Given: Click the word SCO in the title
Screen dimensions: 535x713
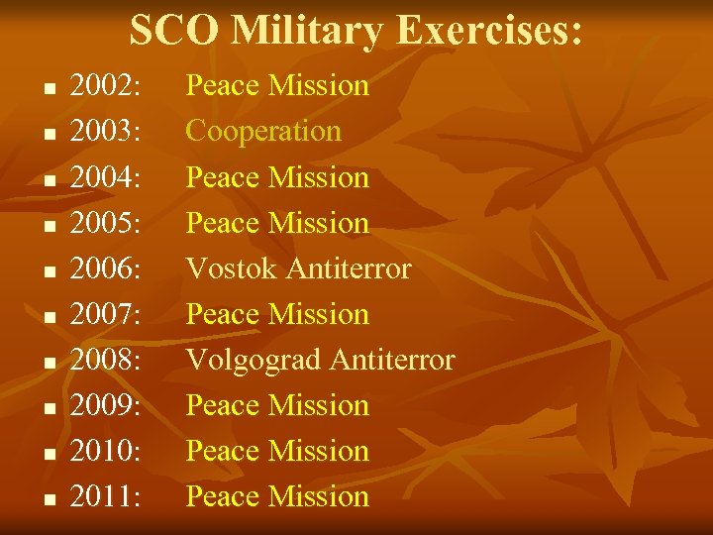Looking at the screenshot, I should pos(175,31).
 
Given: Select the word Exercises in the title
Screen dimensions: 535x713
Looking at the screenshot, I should pos(489,31).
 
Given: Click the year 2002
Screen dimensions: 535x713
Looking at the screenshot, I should pos(105,86).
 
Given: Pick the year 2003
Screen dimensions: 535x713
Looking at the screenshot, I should pos(105,132).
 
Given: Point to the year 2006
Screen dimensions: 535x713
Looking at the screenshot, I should pos(105,268).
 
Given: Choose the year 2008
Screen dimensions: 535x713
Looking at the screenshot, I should pos(105,360).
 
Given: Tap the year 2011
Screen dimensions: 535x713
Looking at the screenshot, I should pos(105,496).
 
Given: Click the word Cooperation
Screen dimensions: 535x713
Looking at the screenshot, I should pos(263,132).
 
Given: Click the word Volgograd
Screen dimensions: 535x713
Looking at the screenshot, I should pos(255,360).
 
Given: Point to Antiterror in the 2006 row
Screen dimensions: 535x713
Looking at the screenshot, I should pos(347,268).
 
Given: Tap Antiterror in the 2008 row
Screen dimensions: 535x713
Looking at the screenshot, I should pos(393,360).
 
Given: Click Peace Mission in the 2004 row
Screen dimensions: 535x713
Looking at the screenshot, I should pos(277,177).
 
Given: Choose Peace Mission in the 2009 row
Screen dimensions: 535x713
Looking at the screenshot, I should pos(277,405).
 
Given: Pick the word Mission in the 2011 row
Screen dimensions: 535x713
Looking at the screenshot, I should pos(319,496).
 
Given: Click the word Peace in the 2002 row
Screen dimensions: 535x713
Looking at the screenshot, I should pos(223,86).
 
